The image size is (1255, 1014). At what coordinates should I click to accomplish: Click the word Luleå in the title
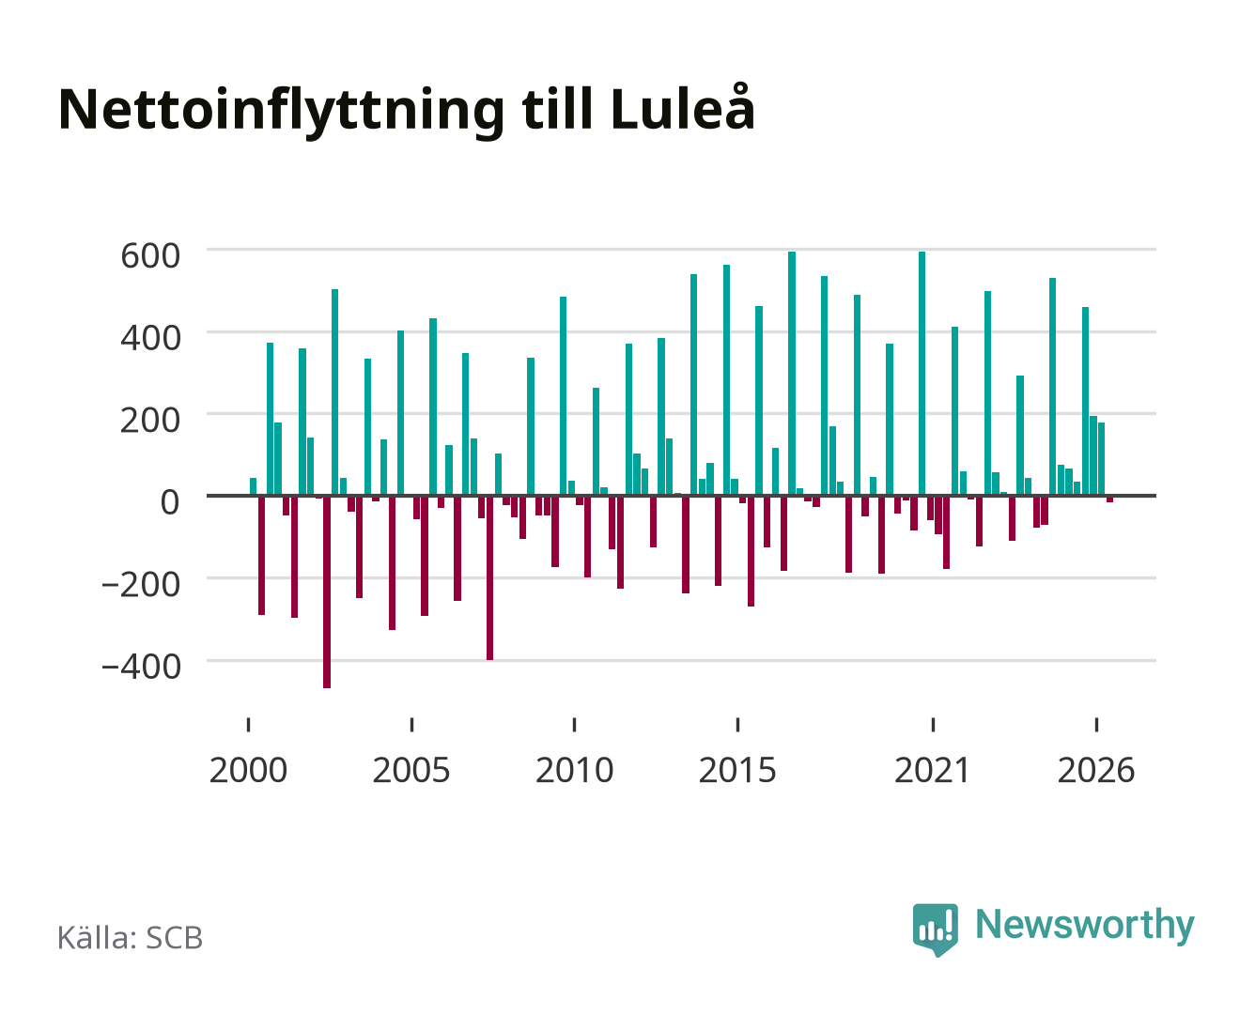682,108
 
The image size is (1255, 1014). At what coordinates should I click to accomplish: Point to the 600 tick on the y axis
150,256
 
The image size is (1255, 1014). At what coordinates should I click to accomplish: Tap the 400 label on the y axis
150,338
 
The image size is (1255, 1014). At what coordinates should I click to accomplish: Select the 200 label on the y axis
150,421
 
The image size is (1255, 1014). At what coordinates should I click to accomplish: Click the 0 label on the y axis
170,502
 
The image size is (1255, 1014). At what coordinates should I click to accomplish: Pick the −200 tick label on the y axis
141,585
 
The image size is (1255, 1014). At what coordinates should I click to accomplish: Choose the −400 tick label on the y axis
141,668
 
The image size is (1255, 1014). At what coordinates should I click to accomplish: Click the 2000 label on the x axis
248,770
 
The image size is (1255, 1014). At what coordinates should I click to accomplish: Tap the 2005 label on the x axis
411,770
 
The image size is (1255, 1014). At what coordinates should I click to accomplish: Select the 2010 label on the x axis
575,770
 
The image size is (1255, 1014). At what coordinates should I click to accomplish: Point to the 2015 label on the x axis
737,770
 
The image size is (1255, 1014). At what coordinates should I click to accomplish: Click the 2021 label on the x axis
933,770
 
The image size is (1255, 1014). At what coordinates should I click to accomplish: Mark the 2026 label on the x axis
1096,770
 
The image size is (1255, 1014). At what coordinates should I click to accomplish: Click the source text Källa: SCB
131,938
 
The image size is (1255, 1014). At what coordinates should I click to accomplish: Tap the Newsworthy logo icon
936,929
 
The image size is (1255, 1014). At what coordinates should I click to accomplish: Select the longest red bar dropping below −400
327,591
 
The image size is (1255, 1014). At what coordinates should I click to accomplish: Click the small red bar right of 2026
1109,499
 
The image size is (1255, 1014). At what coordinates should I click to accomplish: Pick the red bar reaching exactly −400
489,578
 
